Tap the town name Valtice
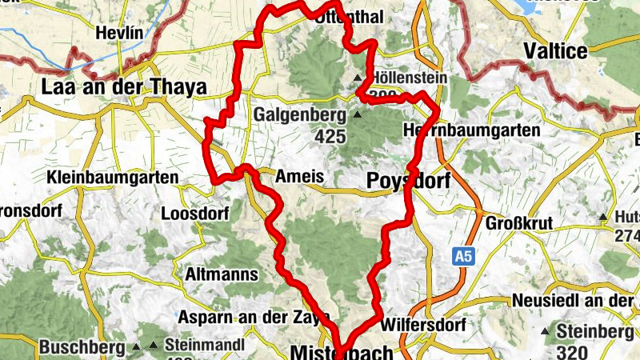pyautogui.click(x=555, y=52)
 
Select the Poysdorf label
pyautogui.click(x=407, y=182)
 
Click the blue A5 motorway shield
pyautogui.click(x=461, y=257)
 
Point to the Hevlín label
pyautogui.click(x=119, y=34)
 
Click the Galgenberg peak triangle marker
pyautogui.click(x=358, y=115)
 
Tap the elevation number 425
pyautogui.click(x=330, y=137)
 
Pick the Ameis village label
pyautogui.click(x=299, y=177)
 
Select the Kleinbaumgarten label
pyautogui.click(x=112, y=177)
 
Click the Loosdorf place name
pyautogui.click(x=195, y=214)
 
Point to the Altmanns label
pyautogui.click(x=222, y=274)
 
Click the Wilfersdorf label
pyautogui.click(x=424, y=326)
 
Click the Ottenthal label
pyautogui.click(x=350, y=18)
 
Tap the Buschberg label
pyautogui.click(x=82, y=347)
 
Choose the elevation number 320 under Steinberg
pyautogui.click(x=573, y=352)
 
